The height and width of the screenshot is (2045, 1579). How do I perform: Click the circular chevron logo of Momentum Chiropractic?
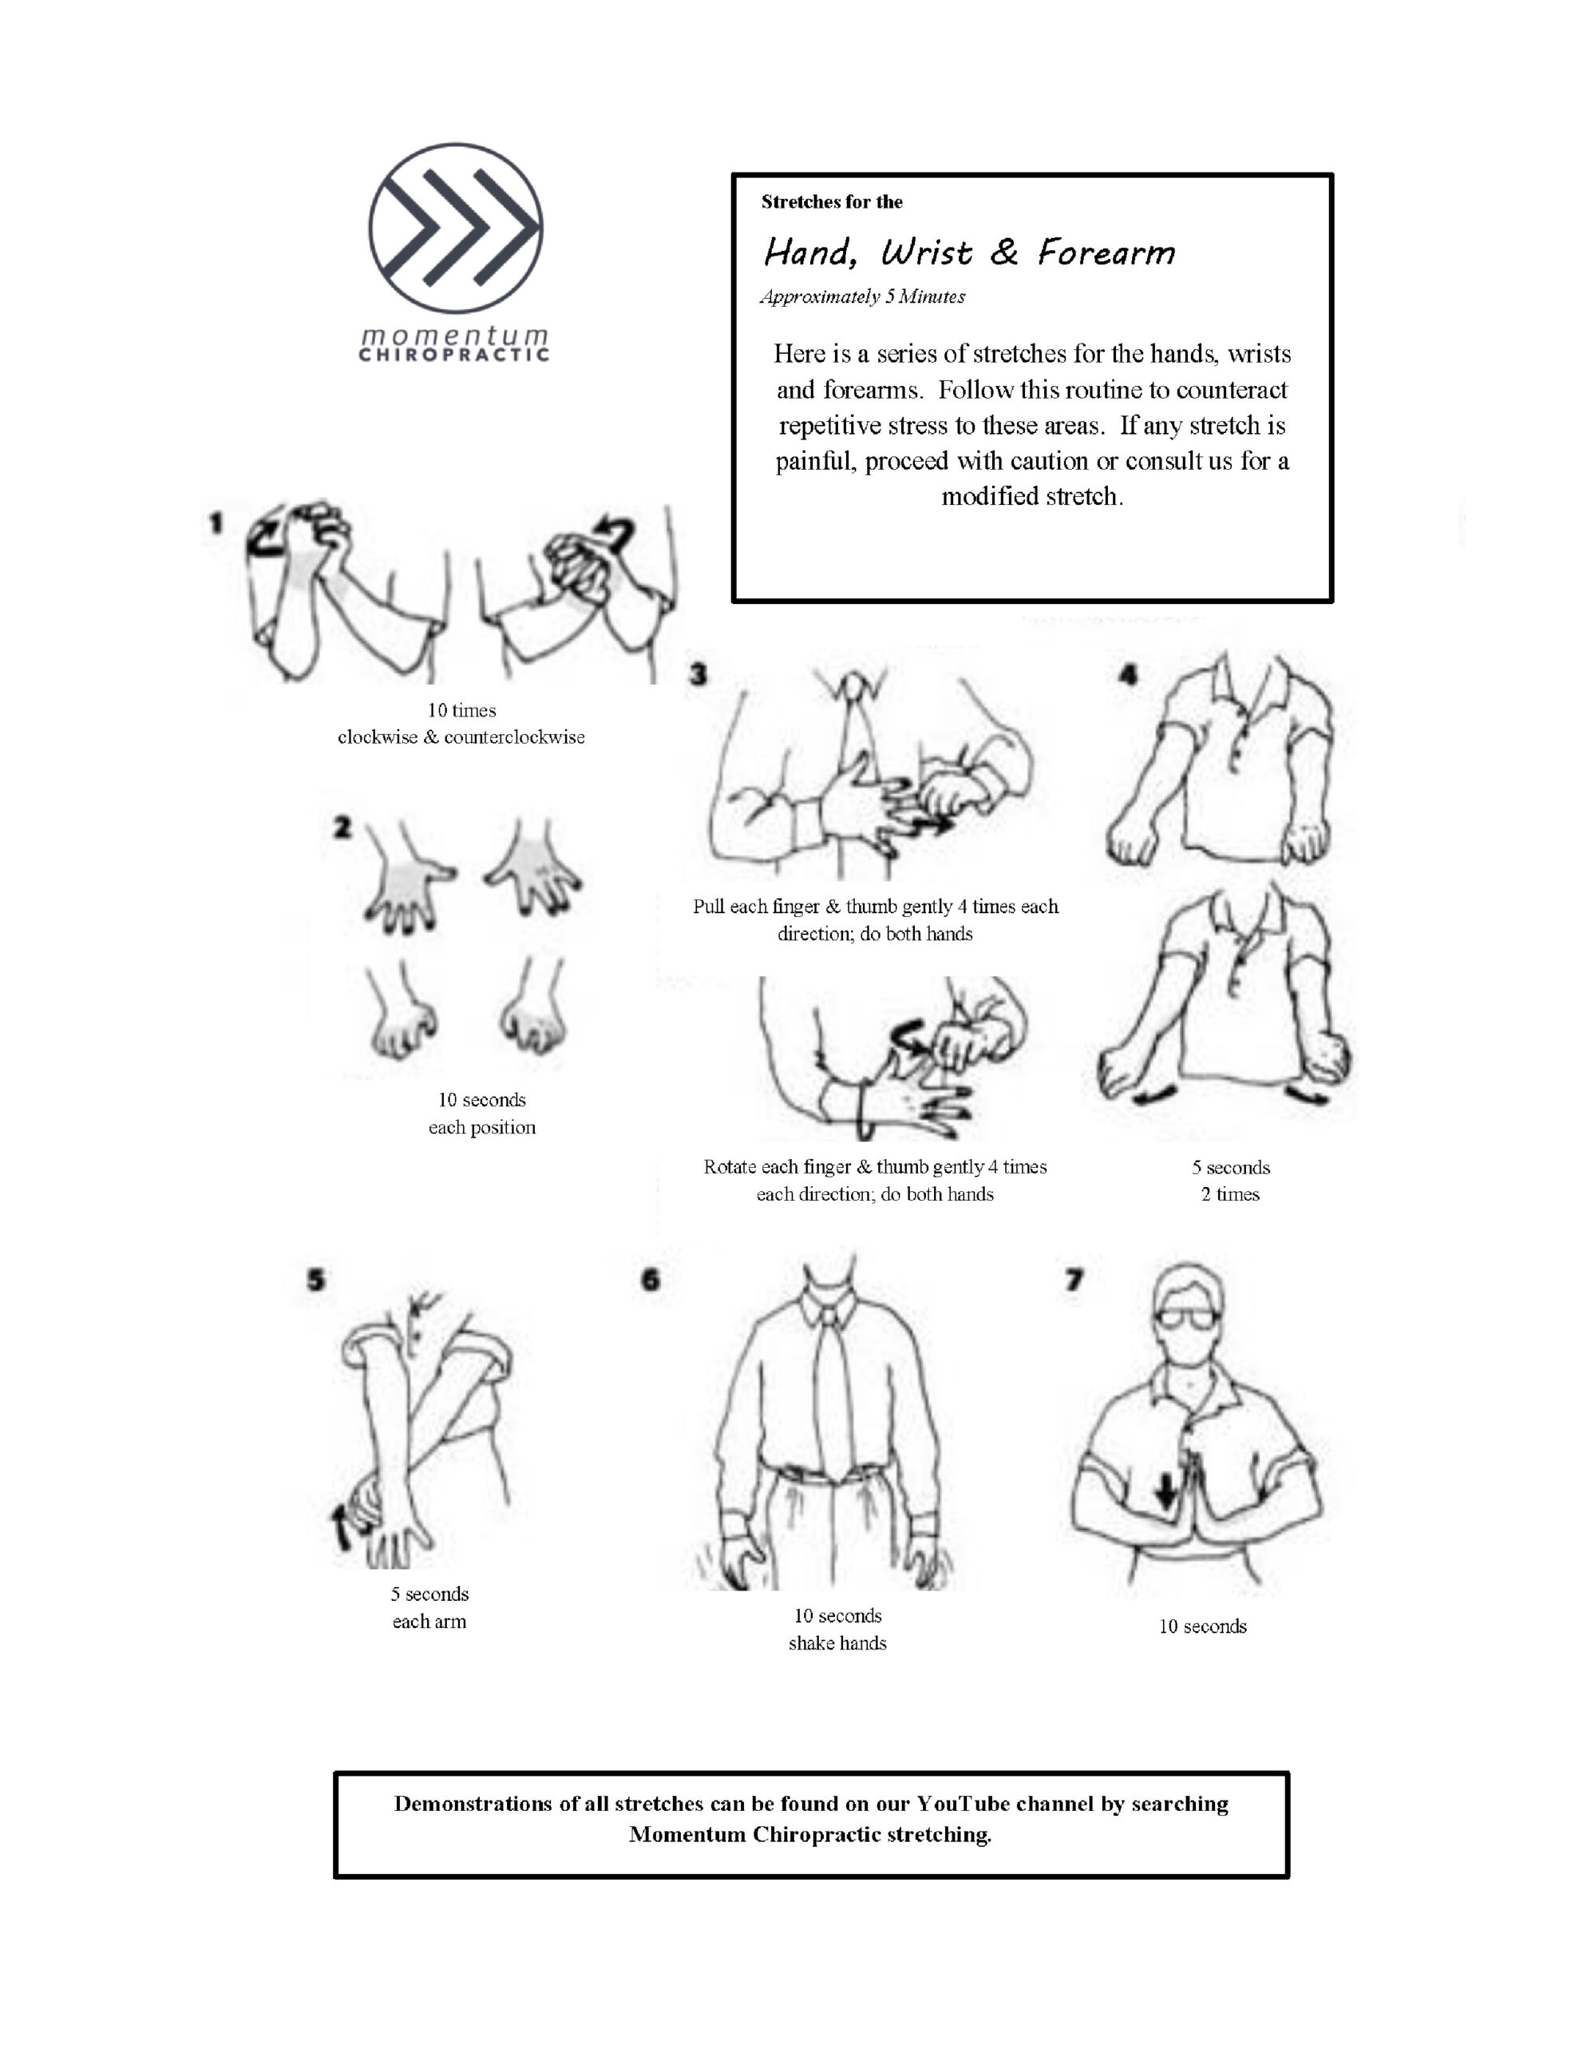click(455, 228)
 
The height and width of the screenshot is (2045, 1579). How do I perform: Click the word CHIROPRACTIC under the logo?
click(454, 355)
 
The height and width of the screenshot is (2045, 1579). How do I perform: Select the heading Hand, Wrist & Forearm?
click(969, 252)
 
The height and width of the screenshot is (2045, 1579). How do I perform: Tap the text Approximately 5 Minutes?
click(862, 297)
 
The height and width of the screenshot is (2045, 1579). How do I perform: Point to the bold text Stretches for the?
click(831, 202)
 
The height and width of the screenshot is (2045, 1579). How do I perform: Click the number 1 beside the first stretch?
click(216, 522)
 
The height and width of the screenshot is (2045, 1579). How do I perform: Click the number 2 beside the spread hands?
click(342, 828)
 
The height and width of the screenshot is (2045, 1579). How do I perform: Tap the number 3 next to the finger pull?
click(698, 674)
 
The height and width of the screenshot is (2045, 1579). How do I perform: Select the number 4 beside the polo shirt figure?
click(1128, 674)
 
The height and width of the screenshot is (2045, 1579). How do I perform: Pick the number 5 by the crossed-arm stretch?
click(316, 1280)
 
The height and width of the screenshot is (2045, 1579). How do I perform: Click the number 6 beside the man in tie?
click(651, 1280)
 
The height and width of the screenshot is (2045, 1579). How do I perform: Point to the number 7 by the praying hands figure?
click(1074, 1280)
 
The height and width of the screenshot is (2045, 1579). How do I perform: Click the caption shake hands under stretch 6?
click(837, 1643)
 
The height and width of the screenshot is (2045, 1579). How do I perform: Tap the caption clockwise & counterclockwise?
click(461, 737)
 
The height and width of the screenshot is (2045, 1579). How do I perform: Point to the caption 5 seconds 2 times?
click(1230, 1181)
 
